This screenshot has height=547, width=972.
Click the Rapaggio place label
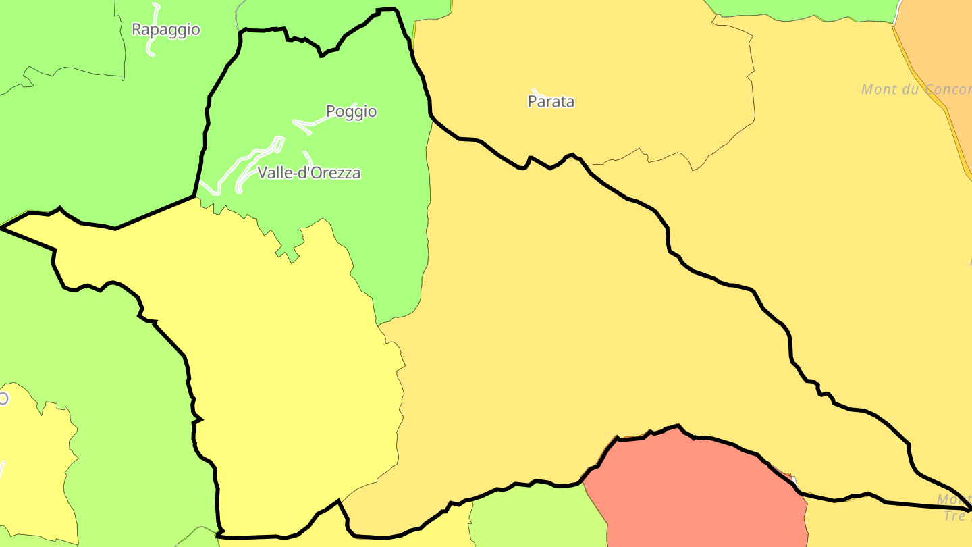click(x=165, y=30)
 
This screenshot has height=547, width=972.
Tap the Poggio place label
click(x=351, y=111)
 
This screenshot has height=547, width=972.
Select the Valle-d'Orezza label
click(x=308, y=173)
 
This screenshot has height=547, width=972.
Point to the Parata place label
click(x=551, y=102)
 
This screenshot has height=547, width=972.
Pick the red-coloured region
click(x=695, y=493)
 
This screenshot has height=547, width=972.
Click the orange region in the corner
click(x=942, y=47)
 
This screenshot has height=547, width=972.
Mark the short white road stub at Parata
click(x=535, y=91)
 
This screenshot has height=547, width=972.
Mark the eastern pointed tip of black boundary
click(x=969, y=509)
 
